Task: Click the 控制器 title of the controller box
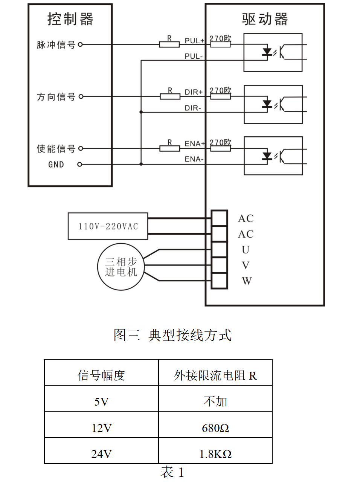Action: tap(70, 19)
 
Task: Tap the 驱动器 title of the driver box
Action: tap(265, 19)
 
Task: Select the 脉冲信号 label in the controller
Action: tap(56, 45)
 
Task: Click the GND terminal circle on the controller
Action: tap(79, 165)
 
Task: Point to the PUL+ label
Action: tap(194, 41)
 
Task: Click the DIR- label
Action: tap(193, 108)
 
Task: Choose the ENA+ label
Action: tap(194, 144)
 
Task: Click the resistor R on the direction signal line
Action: tap(170, 96)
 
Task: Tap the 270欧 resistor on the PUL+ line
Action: tap(220, 44)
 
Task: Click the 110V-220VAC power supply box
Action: tap(108, 226)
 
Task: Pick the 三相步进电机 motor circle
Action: tap(121, 267)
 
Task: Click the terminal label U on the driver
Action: tap(246, 250)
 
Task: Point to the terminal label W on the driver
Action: tap(247, 281)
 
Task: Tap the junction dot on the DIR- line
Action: tap(141, 112)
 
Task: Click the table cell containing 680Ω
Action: tap(215, 428)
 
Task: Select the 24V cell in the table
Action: tap(101, 454)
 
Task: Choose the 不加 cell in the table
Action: tap(215, 401)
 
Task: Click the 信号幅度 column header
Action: tap(101, 375)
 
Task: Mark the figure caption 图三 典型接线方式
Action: tap(172, 335)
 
